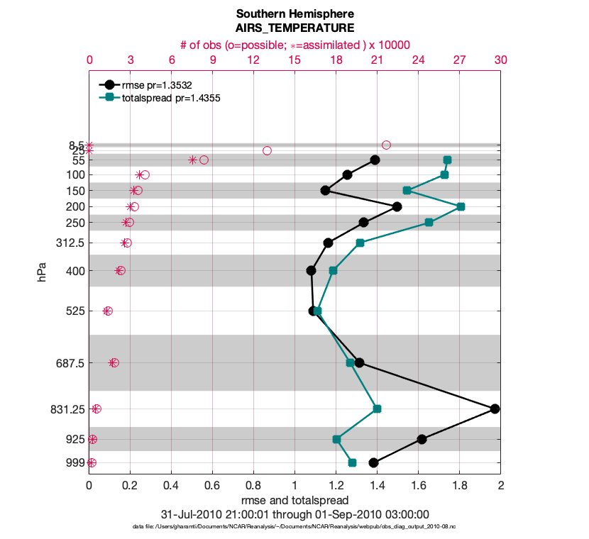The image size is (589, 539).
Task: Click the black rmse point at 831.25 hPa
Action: pyautogui.click(x=495, y=409)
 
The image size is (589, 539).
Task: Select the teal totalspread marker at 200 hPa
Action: pyautogui.click(x=461, y=206)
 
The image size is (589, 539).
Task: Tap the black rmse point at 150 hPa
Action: pyautogui.click(x=325, y=190)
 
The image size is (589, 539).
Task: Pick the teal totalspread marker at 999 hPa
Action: pyautogui.click(x=352, y=462)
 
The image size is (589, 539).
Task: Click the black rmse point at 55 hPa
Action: pyautogui.click(x=375, y=160)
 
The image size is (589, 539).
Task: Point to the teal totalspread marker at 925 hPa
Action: pyautogui.click(x=336, y=439)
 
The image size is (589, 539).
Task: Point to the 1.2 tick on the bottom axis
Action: pyautogui.click(x=336, y=486)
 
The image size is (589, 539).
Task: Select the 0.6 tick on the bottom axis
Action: pyautogui.click(x=212, y=486)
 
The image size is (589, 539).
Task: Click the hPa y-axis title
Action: pyautogui.click(x=43, y=272)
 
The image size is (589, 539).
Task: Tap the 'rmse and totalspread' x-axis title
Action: pyautogui.click(x=294, y=500)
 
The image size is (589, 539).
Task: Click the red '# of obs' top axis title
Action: pyautogui.click(x=294, y=45)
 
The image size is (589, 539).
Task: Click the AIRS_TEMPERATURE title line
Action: pyautogui.click(x=294, y=28)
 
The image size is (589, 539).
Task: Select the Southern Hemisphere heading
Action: pyautogui.click(x=294, y=14)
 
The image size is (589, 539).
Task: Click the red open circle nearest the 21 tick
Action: pyautogui.click(x=386, y=145)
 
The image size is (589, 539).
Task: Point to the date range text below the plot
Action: pyautogui.click(x=294, y=514)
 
